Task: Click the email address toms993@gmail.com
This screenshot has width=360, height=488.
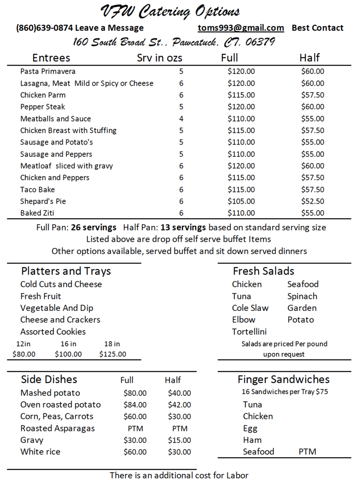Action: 241,28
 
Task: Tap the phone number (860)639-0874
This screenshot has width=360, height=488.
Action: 44,28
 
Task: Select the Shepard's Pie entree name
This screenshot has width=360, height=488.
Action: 43,201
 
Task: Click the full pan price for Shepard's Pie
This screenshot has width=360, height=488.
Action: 241,201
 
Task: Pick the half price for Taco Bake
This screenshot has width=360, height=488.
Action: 313,189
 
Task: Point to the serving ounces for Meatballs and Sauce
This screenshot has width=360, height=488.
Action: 181,119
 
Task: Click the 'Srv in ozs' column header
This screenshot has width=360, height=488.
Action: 159,58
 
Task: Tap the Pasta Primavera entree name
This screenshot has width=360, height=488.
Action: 48,71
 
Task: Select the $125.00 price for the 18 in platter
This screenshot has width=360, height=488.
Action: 112,354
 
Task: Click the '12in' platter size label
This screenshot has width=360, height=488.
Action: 23,344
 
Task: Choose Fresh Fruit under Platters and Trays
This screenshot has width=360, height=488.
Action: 41,296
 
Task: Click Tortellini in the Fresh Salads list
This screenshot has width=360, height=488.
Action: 249,332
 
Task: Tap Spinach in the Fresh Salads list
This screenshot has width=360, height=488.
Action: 302,296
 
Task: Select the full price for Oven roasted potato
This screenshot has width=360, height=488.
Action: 135,405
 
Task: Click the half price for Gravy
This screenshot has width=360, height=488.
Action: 179,440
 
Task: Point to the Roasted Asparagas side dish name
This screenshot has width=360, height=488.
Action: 57,428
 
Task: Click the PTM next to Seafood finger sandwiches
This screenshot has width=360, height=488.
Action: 307,452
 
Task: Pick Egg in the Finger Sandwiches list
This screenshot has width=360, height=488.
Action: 250,428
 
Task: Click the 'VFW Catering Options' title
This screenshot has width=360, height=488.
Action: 170,11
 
